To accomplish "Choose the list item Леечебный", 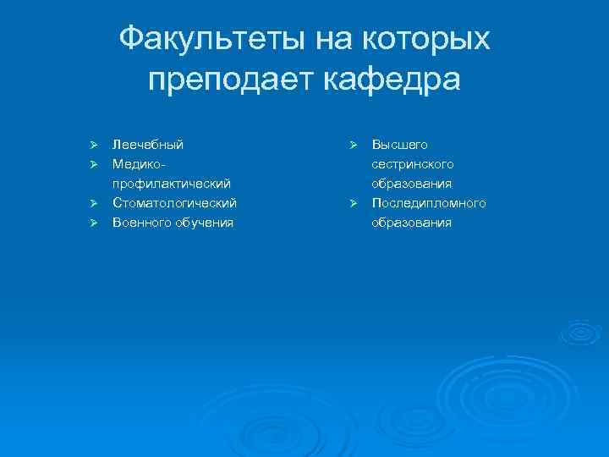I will pos(148,145).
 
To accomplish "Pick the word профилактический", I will pos(173,184).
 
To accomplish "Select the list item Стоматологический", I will pos(175,203).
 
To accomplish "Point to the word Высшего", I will pos(400,145).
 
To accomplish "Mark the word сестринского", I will pos(413,164).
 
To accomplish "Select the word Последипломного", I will pos(429,203).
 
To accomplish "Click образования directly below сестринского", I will pos(412,184).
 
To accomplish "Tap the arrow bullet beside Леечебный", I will pos(96,145).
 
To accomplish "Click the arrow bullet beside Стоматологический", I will pos(96,203).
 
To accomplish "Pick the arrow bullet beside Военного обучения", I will pos(96,223).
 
